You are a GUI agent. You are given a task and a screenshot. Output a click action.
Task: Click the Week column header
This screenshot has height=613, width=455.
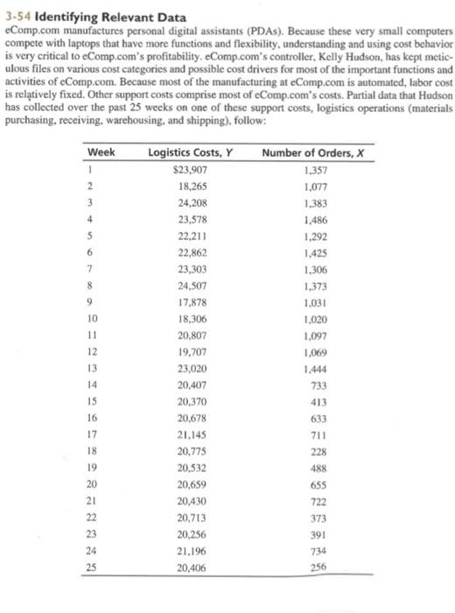tap(102, 151)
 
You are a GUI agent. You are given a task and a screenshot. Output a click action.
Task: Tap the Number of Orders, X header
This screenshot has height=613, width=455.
tap(311, 151)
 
